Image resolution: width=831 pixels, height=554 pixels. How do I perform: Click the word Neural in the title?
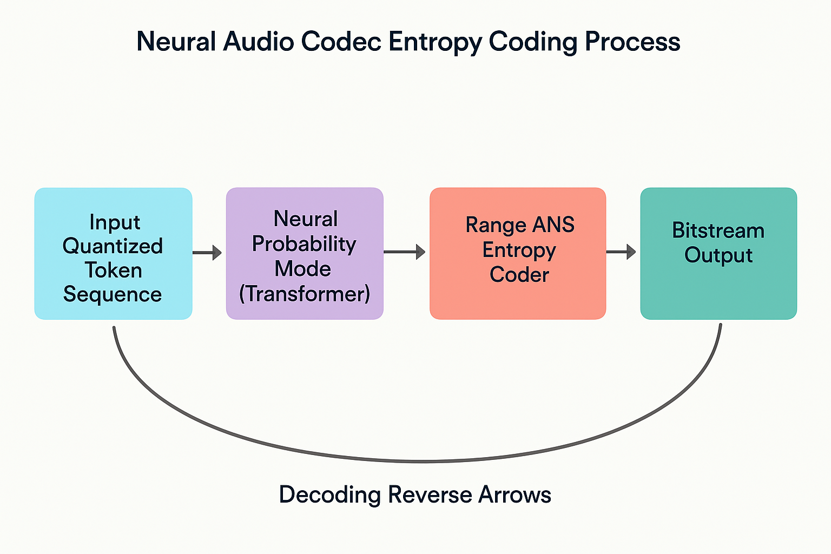click(x=176, y=42)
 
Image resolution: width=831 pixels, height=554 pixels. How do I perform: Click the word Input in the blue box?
click(x=115, y=222)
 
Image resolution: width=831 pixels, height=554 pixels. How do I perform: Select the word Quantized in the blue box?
click(x=113, y=246)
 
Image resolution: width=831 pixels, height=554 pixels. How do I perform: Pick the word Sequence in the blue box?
click(x=113, y=294)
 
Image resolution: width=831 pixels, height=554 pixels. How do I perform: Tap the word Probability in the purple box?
click(x=304, y=245)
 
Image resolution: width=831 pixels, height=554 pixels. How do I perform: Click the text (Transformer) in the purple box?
click(x=305, y=294)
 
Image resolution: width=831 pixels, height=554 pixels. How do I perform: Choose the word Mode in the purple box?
click(x=303, y=269)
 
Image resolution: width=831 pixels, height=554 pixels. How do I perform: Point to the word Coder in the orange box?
click(x=519, y=275)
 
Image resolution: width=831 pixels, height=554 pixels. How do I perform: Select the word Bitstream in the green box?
click(x=718, y=231)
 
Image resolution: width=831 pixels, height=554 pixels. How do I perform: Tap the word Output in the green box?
click(x=718, y=255)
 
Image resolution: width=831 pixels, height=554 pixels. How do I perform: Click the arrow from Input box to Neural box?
click(x=208, y=253)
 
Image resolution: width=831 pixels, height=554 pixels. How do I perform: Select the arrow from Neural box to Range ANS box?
click(x=405, y=252)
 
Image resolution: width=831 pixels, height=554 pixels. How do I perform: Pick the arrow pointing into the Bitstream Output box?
click(x=621, y=252)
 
